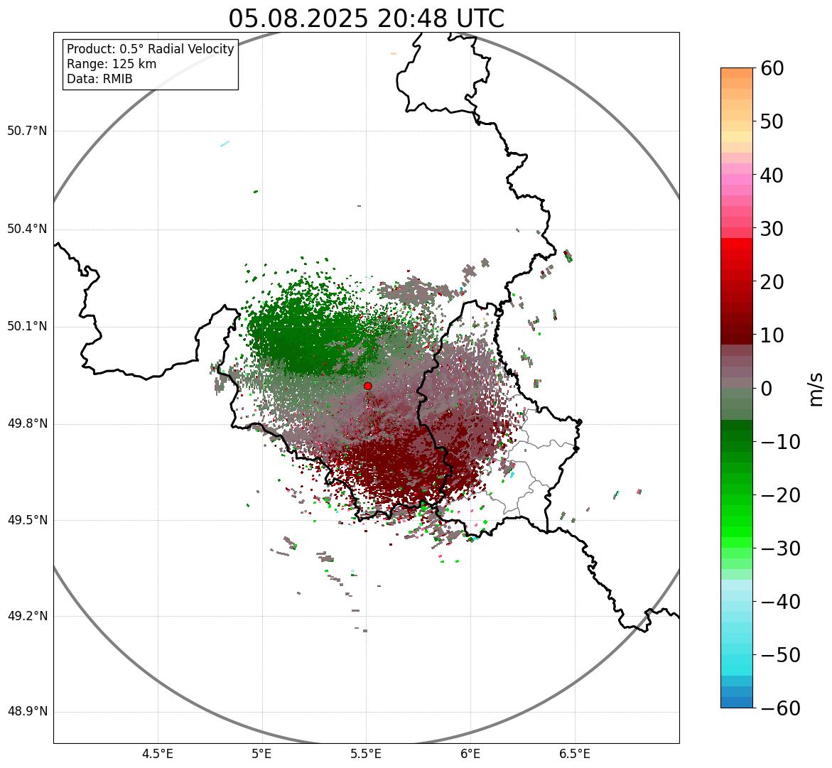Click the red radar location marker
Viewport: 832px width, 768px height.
point(367,386)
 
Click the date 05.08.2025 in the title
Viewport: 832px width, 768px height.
point(298,19)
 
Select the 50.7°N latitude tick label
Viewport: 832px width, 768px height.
point(27,131)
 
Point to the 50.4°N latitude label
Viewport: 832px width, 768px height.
point(27,229)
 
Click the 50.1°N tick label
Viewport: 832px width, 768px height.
point(27,327)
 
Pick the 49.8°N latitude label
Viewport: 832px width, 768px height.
point(27,424)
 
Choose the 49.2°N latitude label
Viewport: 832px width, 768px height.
point(27,616)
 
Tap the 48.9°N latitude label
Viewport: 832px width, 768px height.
point(27,712)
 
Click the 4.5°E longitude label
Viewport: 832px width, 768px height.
point(158,754)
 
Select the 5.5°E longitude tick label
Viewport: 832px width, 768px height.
point(366,754)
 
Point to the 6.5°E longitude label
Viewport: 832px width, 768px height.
point(574,754)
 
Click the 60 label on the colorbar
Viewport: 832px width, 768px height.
point(772,68)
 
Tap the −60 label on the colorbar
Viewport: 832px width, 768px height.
point(780,708)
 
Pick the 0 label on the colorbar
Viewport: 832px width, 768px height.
point(767,389)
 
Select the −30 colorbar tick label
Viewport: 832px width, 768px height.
point(780,548)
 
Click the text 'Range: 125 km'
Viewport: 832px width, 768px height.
point(112,64)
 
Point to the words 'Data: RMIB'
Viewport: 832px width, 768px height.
point(99,79)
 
